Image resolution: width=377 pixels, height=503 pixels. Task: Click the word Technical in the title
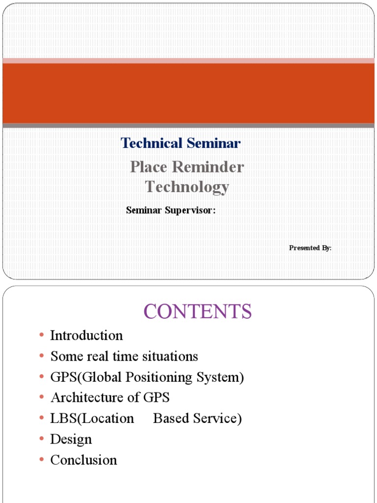(x=151, y=143)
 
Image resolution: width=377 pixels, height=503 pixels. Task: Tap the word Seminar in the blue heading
(x=213, y=143)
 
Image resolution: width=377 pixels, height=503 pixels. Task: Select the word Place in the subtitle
(x=149, y=168)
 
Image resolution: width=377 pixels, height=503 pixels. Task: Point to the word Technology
(x=187, y=187)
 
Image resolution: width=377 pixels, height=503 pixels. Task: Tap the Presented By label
(x=310, y=248)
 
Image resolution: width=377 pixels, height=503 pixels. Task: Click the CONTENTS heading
(x=197, y=311)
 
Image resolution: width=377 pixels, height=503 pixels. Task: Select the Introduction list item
(x=86, y=336)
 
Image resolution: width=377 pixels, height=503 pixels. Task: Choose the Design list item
(x=71, y=439)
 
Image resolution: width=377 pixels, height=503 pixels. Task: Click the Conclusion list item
(x=84, y=460)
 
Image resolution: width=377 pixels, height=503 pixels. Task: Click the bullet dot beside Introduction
(x=42, y=335)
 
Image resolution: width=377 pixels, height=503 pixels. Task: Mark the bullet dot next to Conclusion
(x=42, y=460)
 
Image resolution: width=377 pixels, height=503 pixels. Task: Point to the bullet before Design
(x=42, y=439)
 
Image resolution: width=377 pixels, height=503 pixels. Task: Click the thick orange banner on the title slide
(x=188, y=93)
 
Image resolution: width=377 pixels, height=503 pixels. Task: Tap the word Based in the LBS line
(x=170, y=419)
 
